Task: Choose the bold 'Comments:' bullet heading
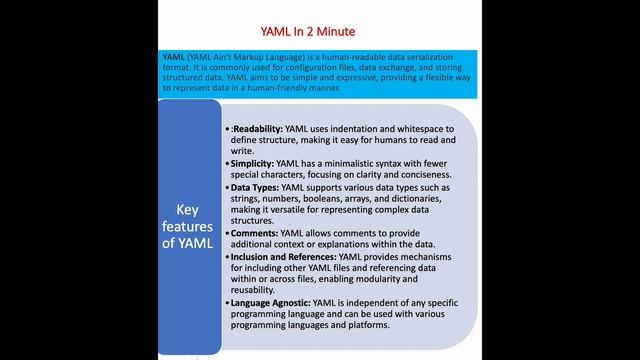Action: pos(253,233)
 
